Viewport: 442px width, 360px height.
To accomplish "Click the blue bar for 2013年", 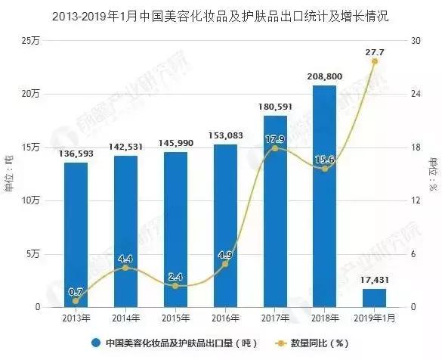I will click(76, 234).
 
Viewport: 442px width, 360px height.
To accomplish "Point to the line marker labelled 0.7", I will click(76, 300).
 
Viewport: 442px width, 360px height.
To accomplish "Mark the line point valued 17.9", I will click(277, 148).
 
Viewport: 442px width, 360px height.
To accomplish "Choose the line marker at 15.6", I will click(325, 169).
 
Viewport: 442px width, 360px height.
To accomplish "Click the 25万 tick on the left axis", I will click(30, 41).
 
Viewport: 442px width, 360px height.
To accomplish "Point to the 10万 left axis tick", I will click(30, 201).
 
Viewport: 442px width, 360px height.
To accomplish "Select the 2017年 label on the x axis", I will click(277, 318).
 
